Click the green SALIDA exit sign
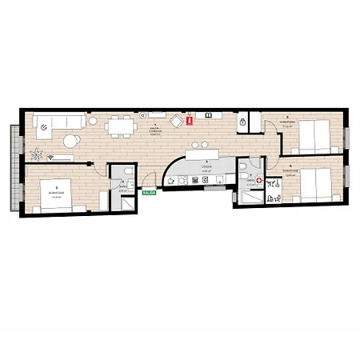(148, 193)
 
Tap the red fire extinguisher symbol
(190, 121)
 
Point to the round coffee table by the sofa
(71, 141)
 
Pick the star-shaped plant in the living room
(36, 151)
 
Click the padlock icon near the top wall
(242, 121)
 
